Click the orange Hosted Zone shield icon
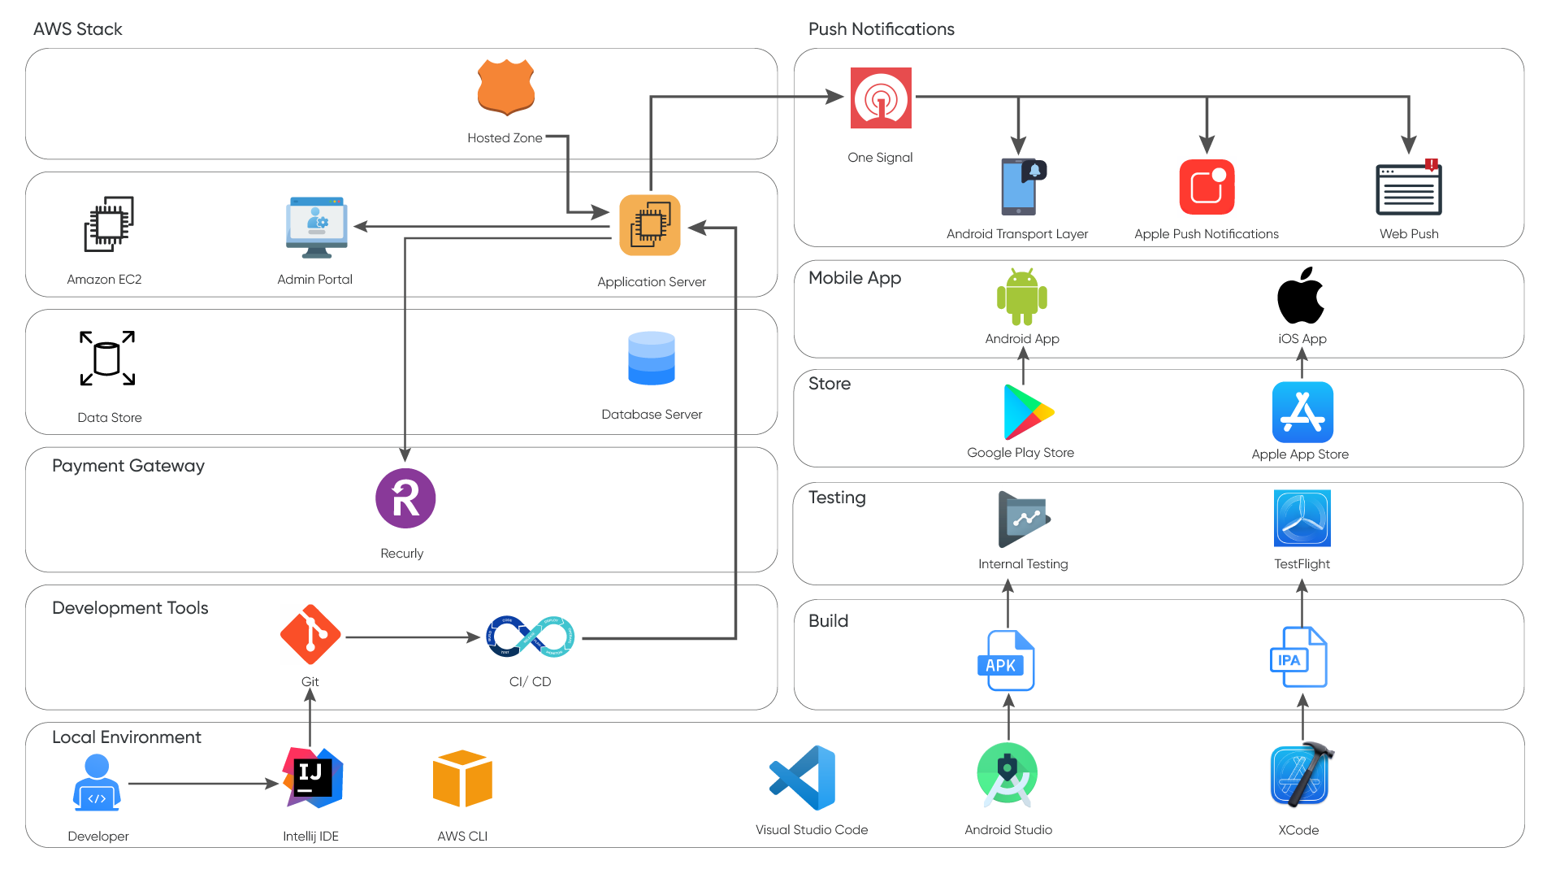click(x=505, y=87)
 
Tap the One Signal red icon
click(x=881, y=98)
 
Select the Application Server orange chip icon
click(x=650, y=225)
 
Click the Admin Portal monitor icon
click(x=317, y=227)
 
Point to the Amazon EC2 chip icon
click(x=109, y=224)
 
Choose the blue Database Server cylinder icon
click(x=652, y=359)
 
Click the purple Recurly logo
click(x=405, y=498)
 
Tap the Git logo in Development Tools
click(x=310, y=635)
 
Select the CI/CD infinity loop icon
click(x=530, y=637)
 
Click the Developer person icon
click(x=97, y=782)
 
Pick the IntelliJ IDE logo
click(x=312, y=778)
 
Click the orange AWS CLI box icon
click(x=462, y=779)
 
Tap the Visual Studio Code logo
click(x=804, y=777)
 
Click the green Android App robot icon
click(x=1022, y=297)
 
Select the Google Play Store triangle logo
click(x=1027, y=412)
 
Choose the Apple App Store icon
click(x=1302, y=412)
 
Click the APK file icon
click(x=1007, y=661)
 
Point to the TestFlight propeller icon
click(x=1302, y=519)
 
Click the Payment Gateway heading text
click(x=128, y=466)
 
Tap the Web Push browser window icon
click(x=1408, y=188)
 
